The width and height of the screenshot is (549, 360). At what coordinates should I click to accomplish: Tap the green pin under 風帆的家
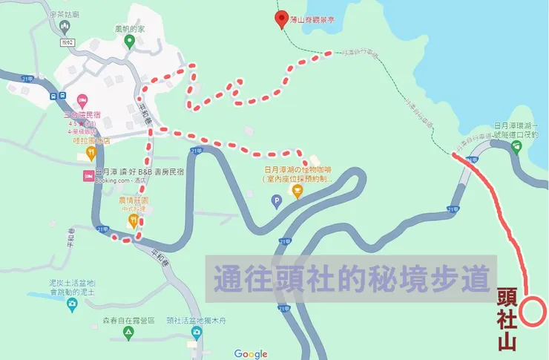point(129,43)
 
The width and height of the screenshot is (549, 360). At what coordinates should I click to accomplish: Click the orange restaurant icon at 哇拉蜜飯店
point(91,153)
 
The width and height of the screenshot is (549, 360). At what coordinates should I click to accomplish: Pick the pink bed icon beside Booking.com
point(88,176)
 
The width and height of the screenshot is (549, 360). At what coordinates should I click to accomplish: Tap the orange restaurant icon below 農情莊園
point(131,220)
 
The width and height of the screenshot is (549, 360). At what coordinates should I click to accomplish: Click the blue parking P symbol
point(277,200)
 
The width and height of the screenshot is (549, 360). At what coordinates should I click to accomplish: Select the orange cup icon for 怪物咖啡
point(297,192)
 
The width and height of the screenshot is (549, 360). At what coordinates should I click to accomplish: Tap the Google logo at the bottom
point(251,353)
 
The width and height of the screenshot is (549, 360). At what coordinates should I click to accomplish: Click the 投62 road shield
point(69,43)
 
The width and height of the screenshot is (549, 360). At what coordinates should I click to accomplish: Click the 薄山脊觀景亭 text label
point(313,19)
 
